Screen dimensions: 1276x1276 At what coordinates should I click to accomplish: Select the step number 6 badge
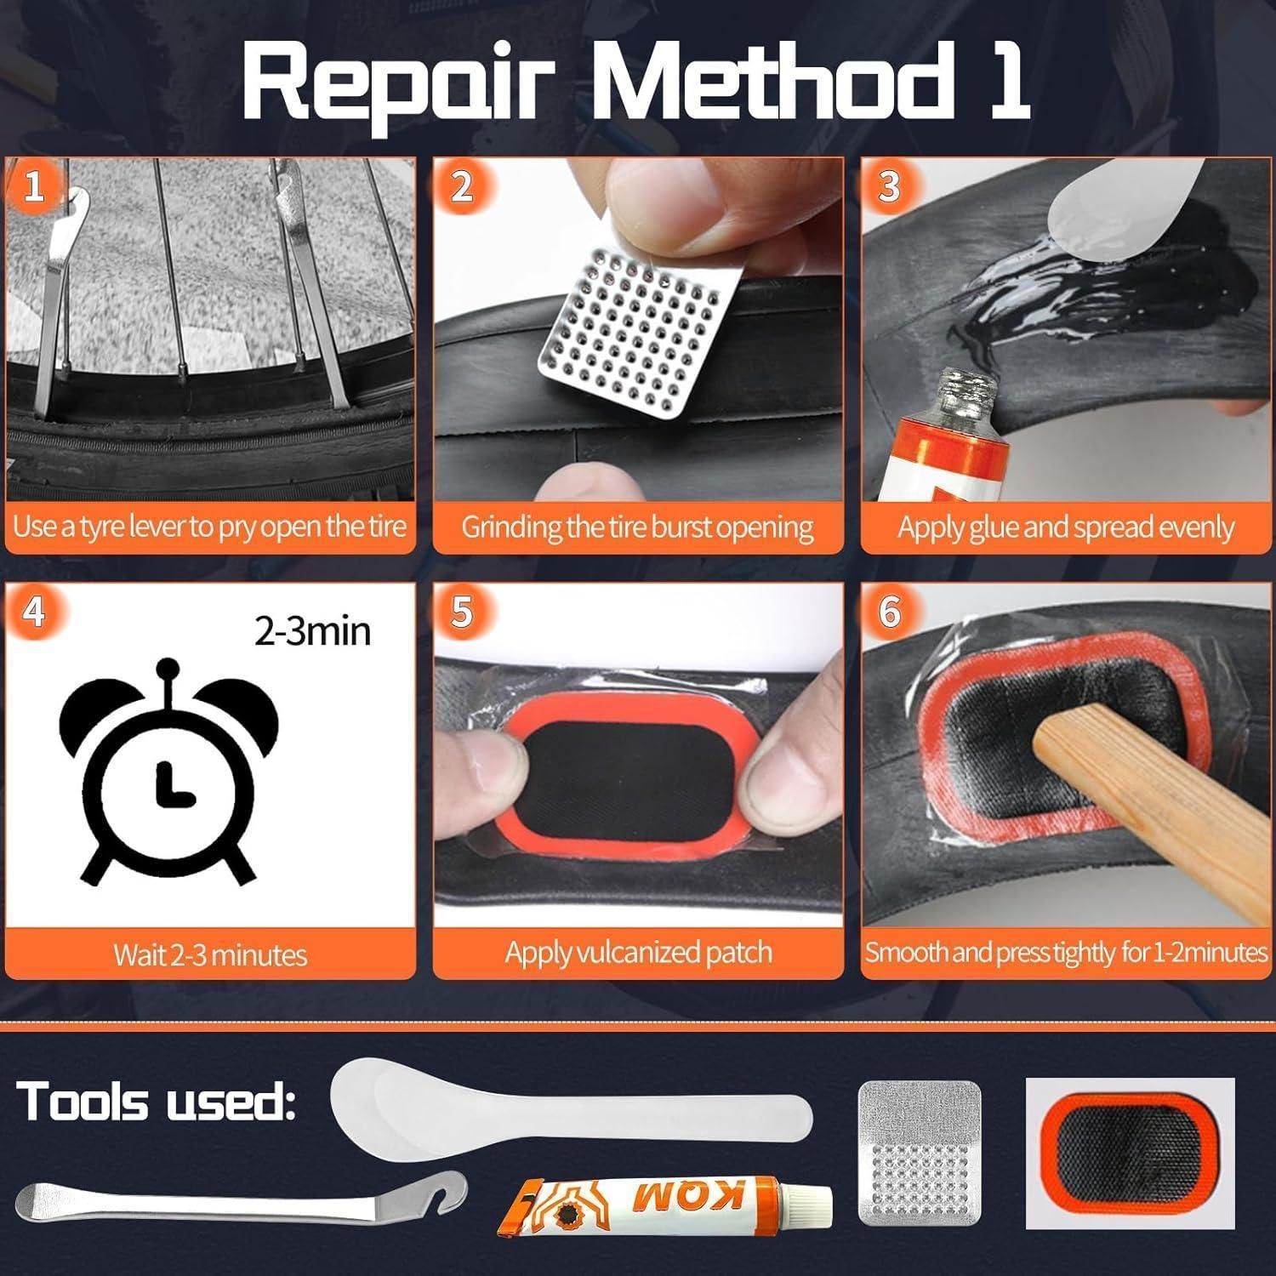click(x=889, y=611)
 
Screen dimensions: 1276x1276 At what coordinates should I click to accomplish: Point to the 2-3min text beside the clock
click(x=312, y=632)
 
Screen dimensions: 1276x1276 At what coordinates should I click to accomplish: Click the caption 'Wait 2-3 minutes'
click(x=210, y=954)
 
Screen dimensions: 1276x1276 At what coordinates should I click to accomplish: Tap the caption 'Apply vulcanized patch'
click(x=638, y=952)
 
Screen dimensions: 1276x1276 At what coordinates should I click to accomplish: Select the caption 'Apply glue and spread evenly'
click(x=1066, y=528)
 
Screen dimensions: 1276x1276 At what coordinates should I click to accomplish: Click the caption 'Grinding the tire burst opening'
click(x=637, y=527)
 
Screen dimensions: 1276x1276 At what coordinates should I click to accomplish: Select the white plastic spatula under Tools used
click(x=570, y=1104)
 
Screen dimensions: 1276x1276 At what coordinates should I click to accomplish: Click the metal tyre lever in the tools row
click(x=242, y=1198)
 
